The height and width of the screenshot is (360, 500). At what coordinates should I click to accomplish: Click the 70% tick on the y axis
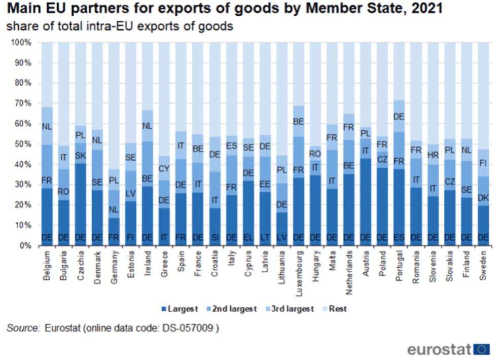pos(24,103)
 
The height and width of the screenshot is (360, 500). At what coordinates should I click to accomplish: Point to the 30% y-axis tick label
pos(24,185)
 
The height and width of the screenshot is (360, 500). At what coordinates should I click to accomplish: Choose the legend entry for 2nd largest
pos(234,309)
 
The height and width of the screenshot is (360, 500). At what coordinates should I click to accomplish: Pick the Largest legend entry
pos(180,309)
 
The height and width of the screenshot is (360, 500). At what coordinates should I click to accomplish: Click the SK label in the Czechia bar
pos(80,155)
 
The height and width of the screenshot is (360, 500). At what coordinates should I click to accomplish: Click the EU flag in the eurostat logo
pos(482,349)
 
